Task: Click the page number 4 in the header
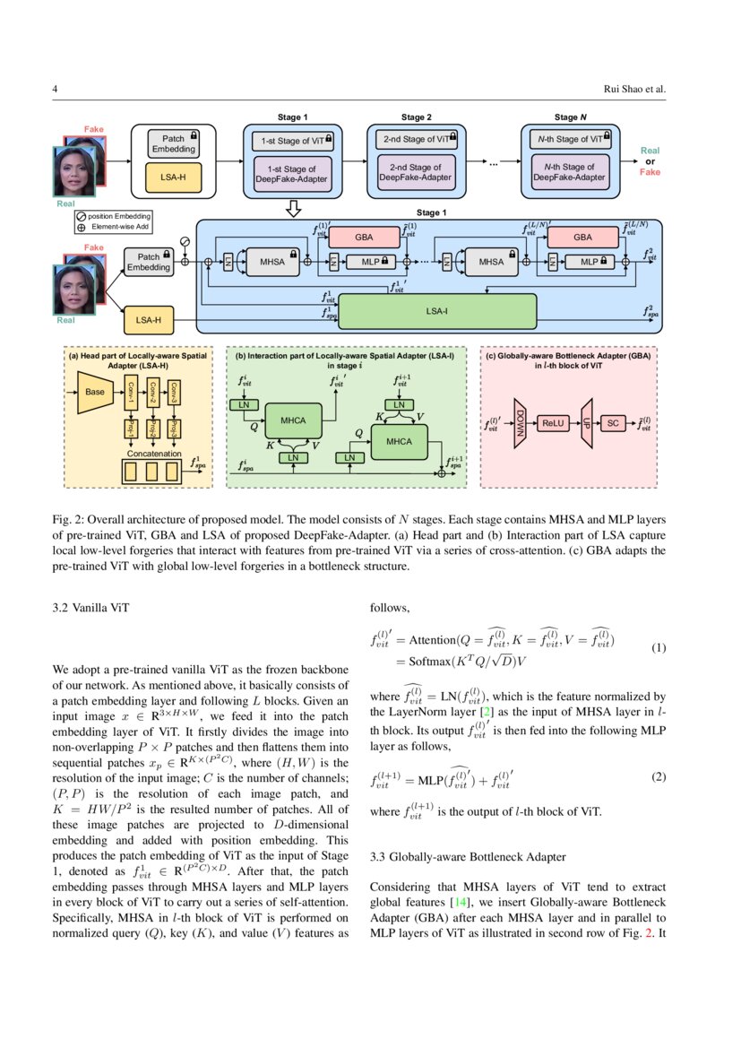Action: coord(56,89)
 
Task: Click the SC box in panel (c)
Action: coord(613,423)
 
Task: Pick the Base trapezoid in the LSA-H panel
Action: coord(93,393)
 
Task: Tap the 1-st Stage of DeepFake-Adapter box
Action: coord(292,172)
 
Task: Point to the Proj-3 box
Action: coord(176,427)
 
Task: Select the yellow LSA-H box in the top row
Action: coord(173,178)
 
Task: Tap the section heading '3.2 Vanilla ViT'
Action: coord(91,608)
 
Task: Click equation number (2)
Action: coord(659,776)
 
